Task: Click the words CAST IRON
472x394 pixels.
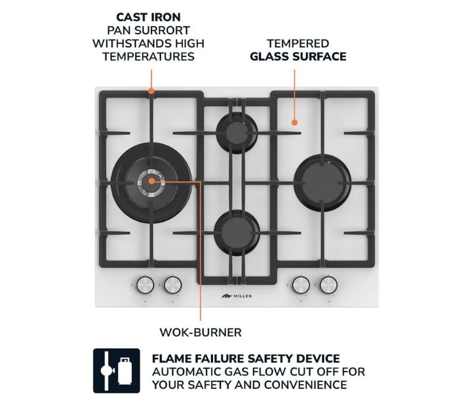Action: tap(148, 17)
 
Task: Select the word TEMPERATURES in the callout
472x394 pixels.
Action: tap(148, 56)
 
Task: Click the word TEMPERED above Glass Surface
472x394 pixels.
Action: tap(298, 43)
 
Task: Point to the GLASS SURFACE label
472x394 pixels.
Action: tap(298, 56)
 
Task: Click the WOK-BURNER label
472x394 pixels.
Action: tap(201, 332)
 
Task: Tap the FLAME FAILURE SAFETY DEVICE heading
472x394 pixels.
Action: tap(246, 359)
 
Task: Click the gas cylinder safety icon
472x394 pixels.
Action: tap(117, 371)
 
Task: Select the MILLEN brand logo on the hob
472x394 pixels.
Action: tap(237, 296)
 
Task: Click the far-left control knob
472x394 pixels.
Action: tap(145, 284)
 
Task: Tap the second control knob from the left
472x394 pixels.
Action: tap(172, 284)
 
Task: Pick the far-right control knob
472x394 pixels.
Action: tap(328, 284)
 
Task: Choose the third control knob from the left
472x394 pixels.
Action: tap(301, 284)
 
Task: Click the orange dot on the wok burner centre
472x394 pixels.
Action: tap(151, 181)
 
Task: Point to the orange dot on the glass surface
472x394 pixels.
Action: tap(295, 122)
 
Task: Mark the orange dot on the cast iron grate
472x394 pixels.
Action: tap(151, 91)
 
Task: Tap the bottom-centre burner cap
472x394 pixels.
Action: tap(237, 232)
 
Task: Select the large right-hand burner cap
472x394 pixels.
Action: tap(322, 183)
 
